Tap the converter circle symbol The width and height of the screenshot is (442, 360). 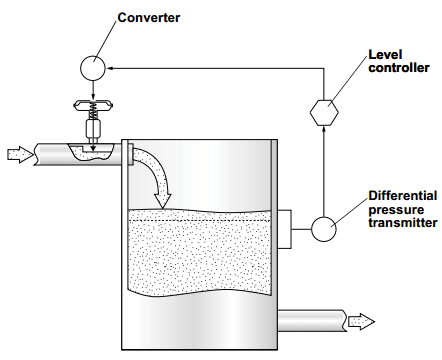tap(91, 67)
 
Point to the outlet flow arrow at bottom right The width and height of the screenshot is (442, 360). tap(360, 320)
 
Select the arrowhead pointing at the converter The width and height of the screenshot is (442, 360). tap(112, 67)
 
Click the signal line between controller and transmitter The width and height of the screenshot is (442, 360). tap(323, 170)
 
